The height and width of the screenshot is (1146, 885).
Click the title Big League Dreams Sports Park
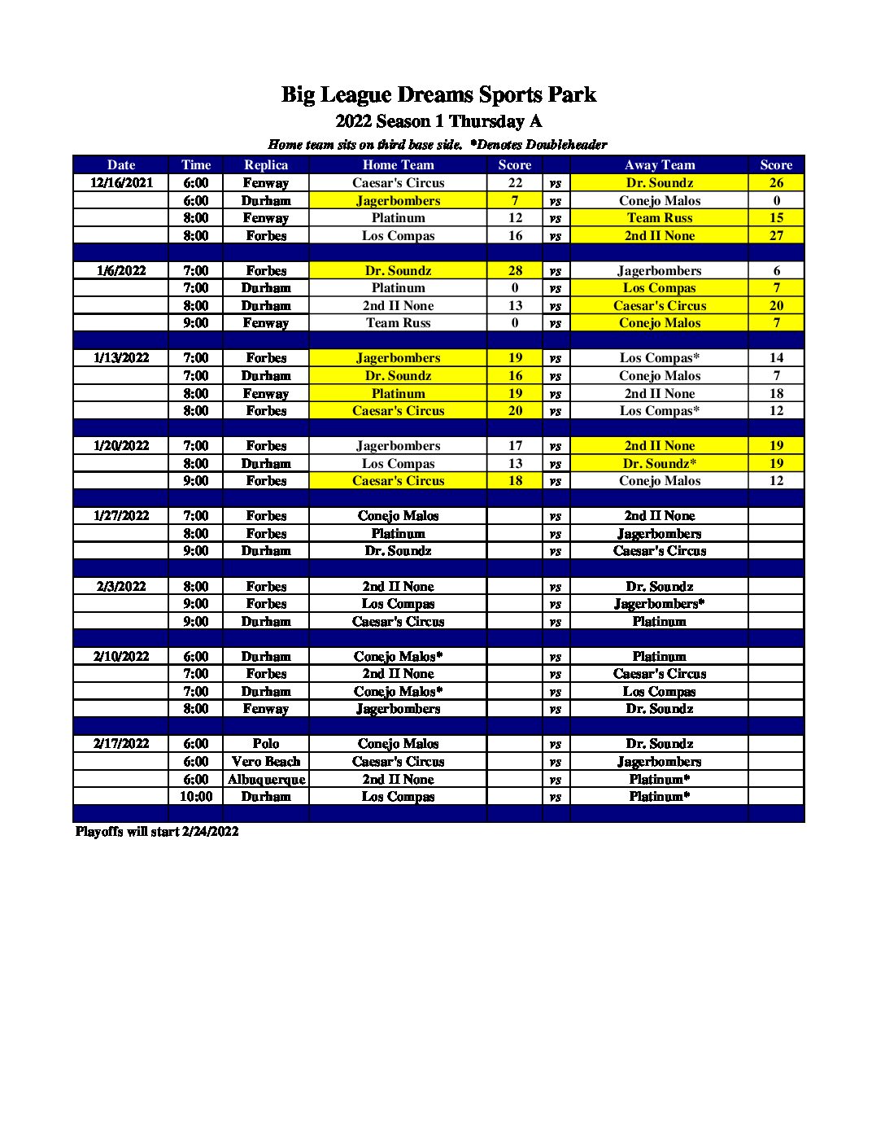point(438,95)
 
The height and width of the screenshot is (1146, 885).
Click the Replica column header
point(266,164)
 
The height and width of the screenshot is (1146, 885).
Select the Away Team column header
point(659,164)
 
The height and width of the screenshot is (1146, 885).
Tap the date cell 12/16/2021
point(121,182)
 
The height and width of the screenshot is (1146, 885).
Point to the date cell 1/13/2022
point(121,357)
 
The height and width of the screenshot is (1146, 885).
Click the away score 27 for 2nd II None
point(776,235)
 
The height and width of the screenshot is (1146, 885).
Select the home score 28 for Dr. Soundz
point(515,270)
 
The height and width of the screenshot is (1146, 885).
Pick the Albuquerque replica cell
point(266,779)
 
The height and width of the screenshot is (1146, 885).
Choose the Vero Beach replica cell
point(266,761)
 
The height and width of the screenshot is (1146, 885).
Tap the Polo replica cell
point(266,743)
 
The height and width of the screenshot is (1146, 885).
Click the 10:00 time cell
point(196,796)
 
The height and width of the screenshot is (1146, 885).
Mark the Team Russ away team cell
point(659,217)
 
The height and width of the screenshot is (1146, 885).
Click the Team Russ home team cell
point(398,322)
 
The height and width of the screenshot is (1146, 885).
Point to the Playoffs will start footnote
point(157,831)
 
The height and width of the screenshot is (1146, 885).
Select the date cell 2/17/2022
point(121,743)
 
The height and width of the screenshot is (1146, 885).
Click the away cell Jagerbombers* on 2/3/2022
point(659,603)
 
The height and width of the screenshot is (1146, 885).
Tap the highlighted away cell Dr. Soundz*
point(659,463)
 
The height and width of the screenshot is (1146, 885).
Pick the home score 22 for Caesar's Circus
point(515,182)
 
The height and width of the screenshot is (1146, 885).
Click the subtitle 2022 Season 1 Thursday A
point(438,121)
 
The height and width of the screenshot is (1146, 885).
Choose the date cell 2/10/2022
point(121,656)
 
